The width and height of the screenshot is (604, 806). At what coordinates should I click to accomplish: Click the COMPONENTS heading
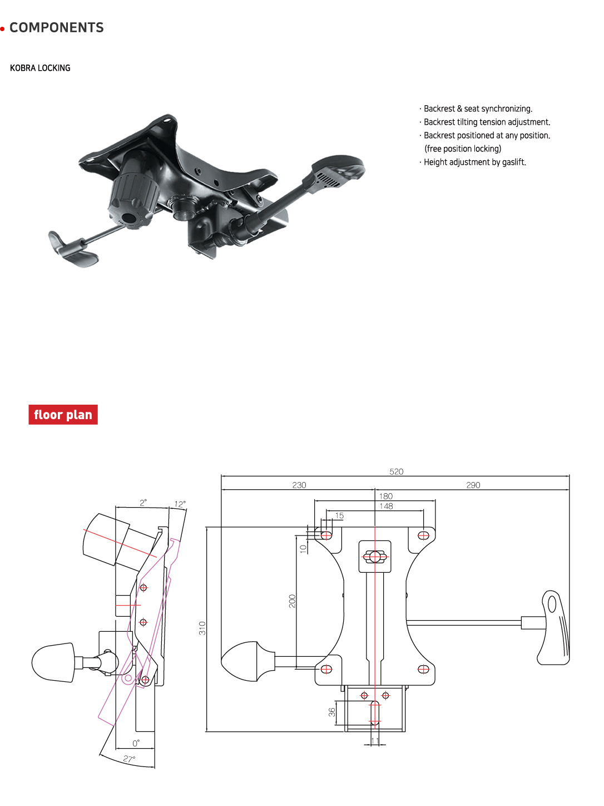tap(56, 28)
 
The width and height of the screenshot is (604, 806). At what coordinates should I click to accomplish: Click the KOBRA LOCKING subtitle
tap(40, 68)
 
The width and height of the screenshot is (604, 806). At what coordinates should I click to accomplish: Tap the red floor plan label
tap(63, 415)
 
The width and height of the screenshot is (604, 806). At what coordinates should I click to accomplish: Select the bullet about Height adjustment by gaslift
tap(474, 162)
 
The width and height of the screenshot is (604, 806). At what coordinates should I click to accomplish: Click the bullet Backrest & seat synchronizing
tap(478, 109)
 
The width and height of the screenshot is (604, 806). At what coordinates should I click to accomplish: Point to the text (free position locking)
tap(463, 149)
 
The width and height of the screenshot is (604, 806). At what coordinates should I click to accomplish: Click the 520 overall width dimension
tap(396, 471)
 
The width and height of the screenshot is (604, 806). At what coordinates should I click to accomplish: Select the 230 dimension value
tap(299, 485)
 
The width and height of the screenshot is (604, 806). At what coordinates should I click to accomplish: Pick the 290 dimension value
tap(473, 485)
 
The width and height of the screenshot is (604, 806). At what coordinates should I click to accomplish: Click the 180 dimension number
tap(386, 496)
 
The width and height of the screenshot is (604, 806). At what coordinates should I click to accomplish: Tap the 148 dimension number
tap(386, 506)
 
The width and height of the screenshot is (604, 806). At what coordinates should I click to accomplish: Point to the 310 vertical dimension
tap(202, 628)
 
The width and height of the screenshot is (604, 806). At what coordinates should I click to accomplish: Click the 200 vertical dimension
tap(292, 601)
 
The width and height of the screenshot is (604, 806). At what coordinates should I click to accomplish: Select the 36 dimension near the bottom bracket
tap(332, 712)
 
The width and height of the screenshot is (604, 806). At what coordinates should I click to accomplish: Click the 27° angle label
tap(129, 759)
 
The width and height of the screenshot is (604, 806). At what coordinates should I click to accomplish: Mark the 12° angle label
tap(180, 504)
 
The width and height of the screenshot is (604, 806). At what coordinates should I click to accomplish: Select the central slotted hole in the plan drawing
tap(375, 557)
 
